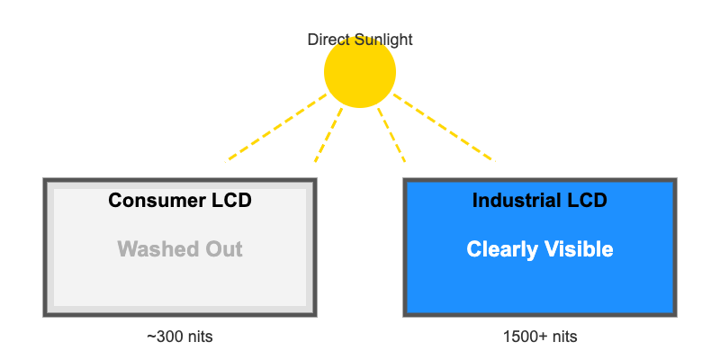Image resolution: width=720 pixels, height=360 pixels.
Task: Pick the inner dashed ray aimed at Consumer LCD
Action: coord(328,135)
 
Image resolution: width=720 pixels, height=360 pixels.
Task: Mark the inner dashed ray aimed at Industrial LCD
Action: coord(391,135)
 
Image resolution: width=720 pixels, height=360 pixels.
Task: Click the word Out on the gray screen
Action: coord(223,249)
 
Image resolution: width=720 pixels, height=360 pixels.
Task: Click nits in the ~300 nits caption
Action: coord(199,337)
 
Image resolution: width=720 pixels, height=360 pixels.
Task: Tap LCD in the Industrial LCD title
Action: coord(589,201)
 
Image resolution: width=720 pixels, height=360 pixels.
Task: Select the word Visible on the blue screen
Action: coord(580,249)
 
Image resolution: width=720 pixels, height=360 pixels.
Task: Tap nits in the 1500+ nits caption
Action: coord(562,337)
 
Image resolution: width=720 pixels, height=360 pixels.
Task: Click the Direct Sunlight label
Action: coord(360,40)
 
